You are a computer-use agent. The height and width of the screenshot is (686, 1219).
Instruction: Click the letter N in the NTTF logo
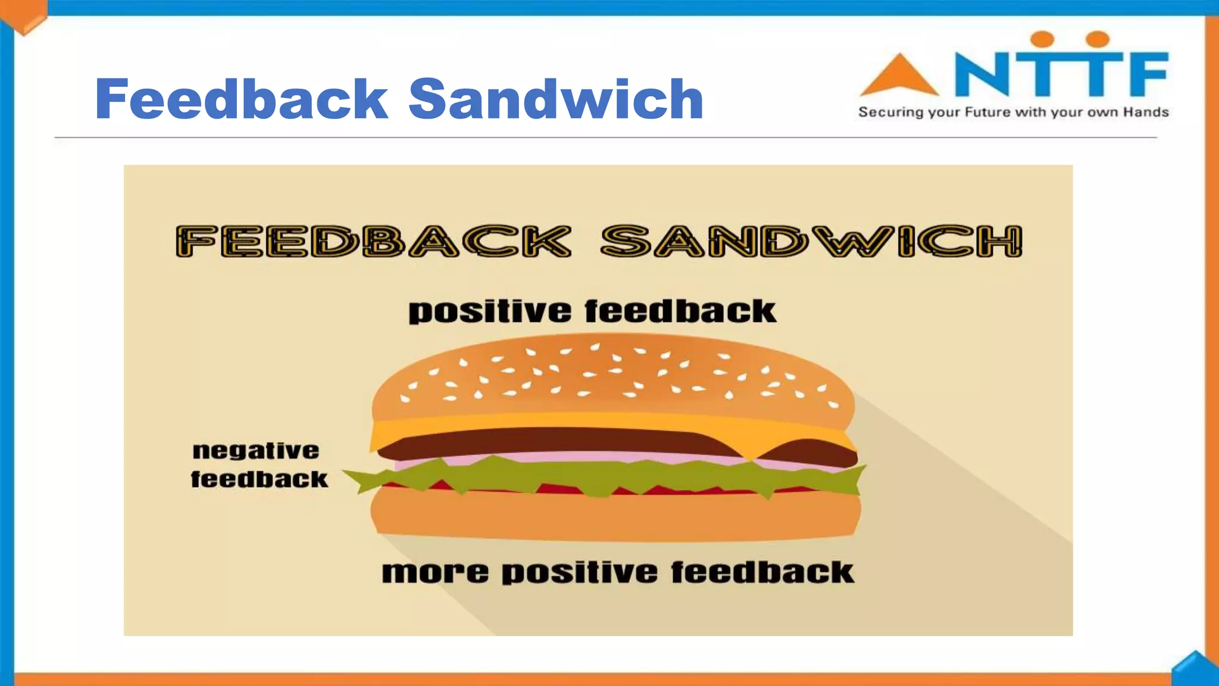982,74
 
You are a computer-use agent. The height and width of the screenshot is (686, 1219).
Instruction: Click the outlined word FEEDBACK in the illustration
373,241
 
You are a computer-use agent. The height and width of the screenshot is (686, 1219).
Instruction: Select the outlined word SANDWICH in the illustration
811,241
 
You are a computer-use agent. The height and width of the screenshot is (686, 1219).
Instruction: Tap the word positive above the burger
489,312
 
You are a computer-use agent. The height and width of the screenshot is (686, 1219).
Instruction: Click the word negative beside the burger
256,451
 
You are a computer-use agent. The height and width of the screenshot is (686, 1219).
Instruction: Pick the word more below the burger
435,572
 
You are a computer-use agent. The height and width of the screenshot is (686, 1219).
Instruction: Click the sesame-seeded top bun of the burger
613,375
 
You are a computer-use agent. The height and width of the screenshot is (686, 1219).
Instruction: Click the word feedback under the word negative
259,479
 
